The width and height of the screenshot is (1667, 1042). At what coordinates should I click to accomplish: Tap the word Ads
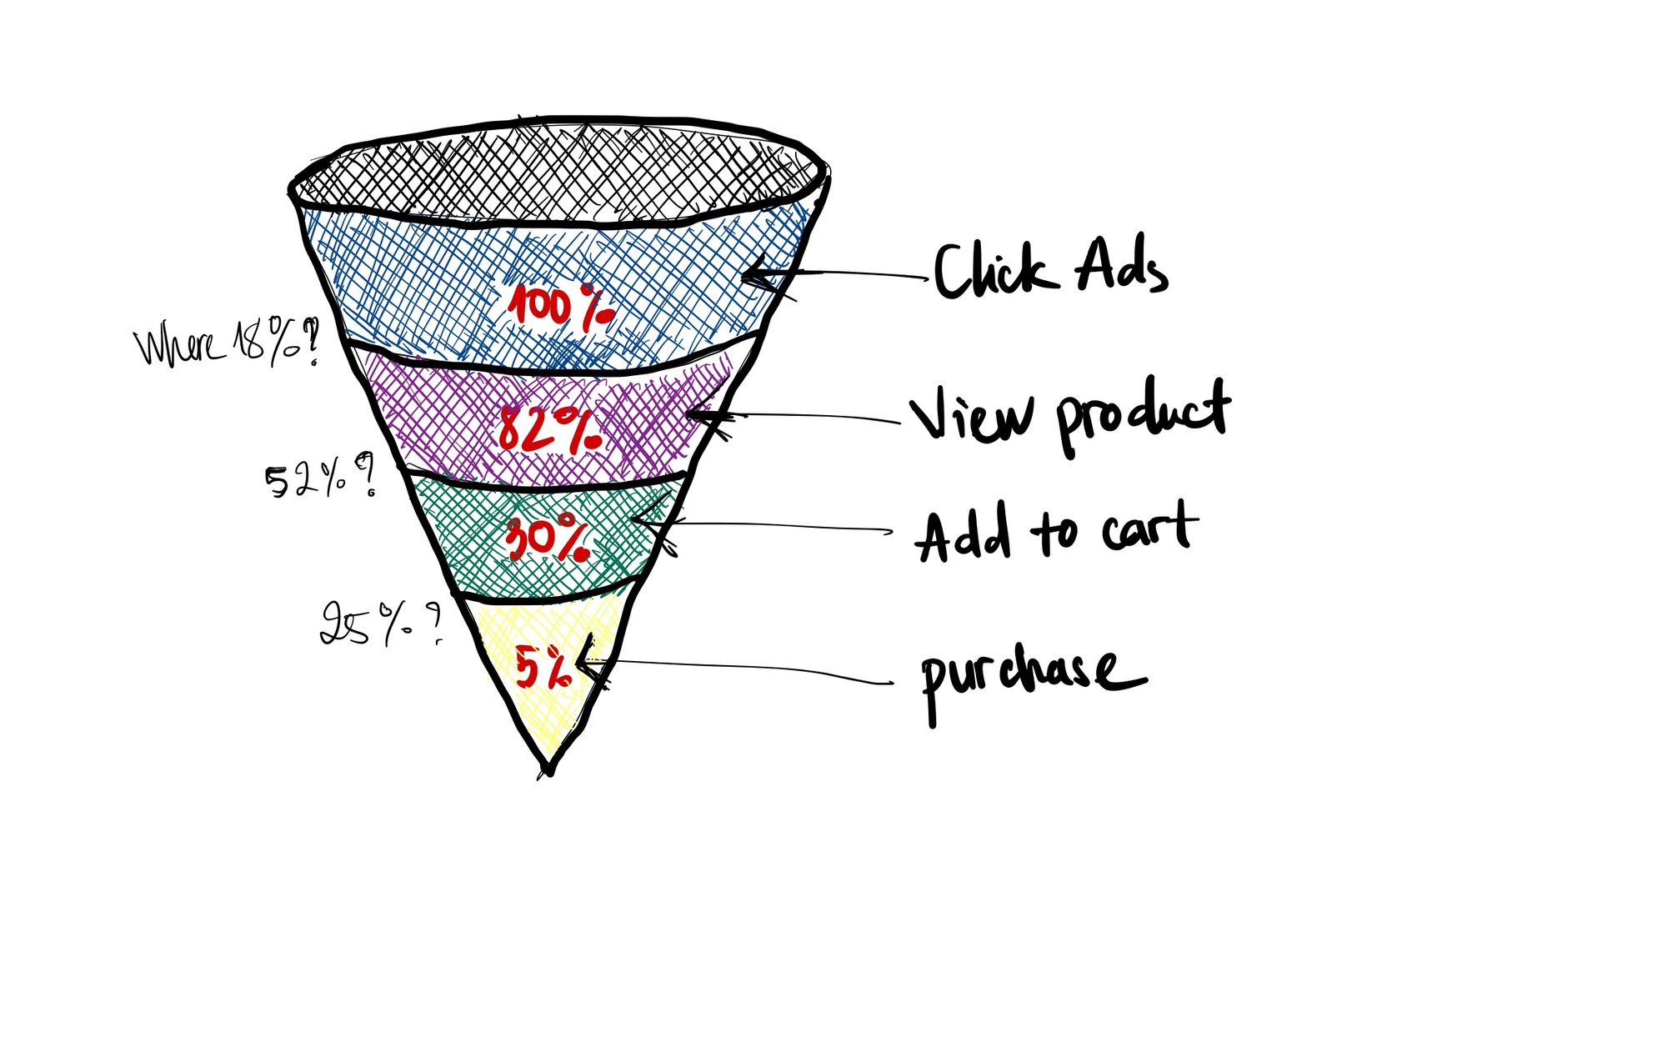coord(1121,267)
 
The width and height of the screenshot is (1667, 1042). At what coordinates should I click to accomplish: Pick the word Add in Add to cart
coord(964,534)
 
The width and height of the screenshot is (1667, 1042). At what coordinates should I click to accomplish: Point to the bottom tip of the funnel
coord(548,771)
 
